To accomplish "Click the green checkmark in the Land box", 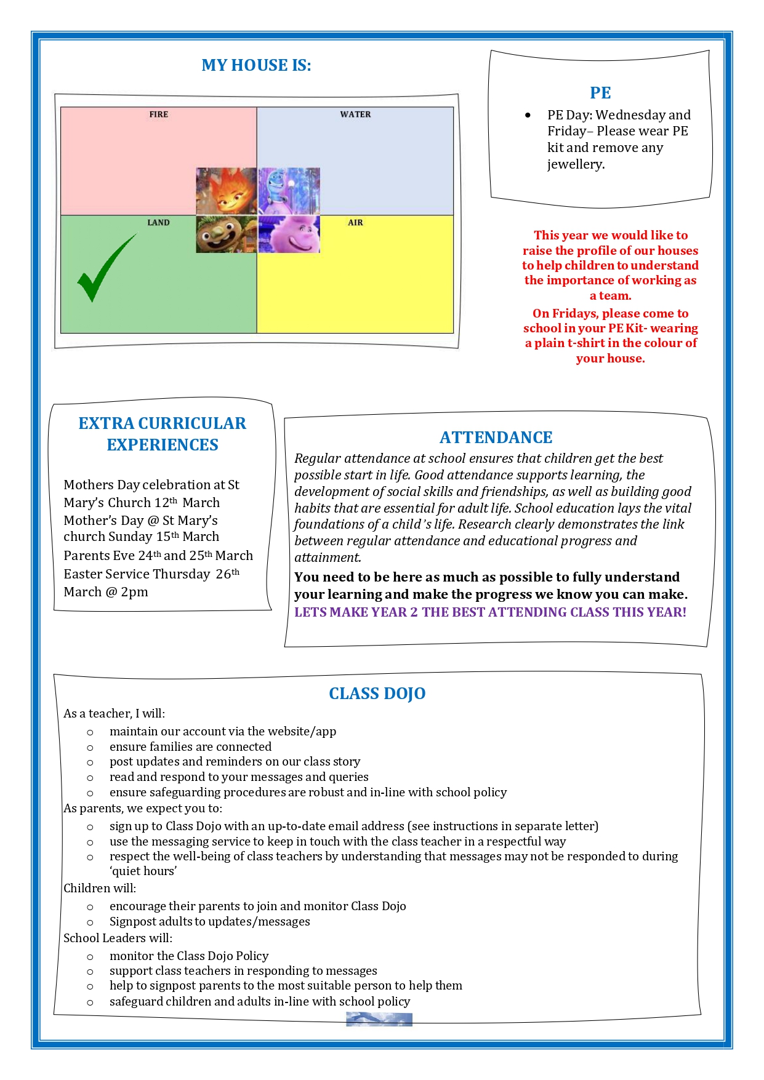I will (105, 268).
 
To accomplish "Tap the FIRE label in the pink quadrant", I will (158, 114).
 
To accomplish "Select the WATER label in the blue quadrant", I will (355, 114).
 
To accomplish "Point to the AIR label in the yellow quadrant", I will (355, 223).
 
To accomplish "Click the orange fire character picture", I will (227, 191).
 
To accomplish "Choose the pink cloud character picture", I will (289, 234).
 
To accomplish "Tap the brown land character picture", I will (227, 234).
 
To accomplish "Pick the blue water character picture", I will (289, 191).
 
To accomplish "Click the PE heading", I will (600, 93).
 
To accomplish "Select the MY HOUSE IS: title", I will (256, 65).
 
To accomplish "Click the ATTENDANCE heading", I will (496, 438).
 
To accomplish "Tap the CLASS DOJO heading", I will (377, 694).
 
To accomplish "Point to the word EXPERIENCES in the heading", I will (163, 445).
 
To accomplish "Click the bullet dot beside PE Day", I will (528, 115).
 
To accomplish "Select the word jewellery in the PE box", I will (576, 164).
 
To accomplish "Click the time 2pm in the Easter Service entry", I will (135, 592).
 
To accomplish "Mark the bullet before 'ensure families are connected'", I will (90, 748).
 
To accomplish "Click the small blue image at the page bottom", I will (379, 1020).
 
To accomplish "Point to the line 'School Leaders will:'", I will (118, 938).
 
